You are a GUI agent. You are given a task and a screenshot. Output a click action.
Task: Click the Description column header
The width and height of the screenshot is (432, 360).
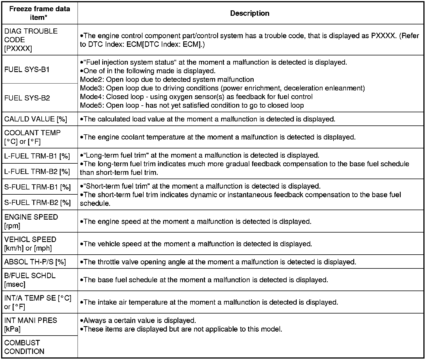[250, 13]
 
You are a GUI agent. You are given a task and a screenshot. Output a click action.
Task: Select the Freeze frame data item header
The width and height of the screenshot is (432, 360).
[40, 13]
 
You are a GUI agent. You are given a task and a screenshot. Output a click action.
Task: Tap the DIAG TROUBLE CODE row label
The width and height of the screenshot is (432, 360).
[31, 40]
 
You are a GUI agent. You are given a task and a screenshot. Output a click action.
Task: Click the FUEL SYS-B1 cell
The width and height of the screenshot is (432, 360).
[27, 70]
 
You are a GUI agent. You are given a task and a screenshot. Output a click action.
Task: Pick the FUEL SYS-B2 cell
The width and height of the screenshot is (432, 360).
[27, 98]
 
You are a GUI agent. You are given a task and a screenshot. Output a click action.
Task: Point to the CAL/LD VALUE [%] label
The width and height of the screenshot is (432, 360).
[36, 119]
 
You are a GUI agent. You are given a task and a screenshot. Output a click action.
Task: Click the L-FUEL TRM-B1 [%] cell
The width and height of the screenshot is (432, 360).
[37, 156]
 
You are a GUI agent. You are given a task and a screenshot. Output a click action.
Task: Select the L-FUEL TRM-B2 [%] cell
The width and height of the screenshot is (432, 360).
[37, 172]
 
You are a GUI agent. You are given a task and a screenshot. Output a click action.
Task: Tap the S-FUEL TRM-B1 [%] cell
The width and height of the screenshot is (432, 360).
[37, 187]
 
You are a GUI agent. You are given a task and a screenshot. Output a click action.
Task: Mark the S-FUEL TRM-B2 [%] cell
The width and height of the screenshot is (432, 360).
[37, 203]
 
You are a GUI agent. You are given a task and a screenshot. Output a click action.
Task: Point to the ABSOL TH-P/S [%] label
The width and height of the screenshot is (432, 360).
[35, 262]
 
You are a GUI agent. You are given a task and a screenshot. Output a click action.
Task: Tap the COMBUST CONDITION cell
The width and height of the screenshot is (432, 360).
[24, 347]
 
